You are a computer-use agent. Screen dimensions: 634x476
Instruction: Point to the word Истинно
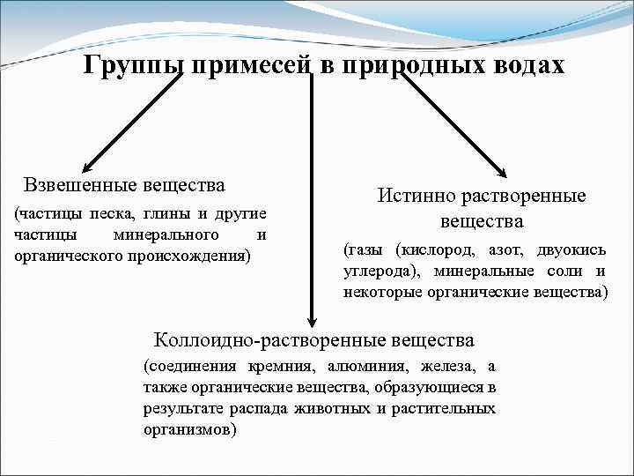pos(411,197)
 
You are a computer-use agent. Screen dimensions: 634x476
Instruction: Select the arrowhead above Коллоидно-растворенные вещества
pos(309,321)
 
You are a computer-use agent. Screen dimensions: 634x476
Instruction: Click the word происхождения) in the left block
pos(195,255)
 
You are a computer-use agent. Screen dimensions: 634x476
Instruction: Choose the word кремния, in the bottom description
pos(284,366)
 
